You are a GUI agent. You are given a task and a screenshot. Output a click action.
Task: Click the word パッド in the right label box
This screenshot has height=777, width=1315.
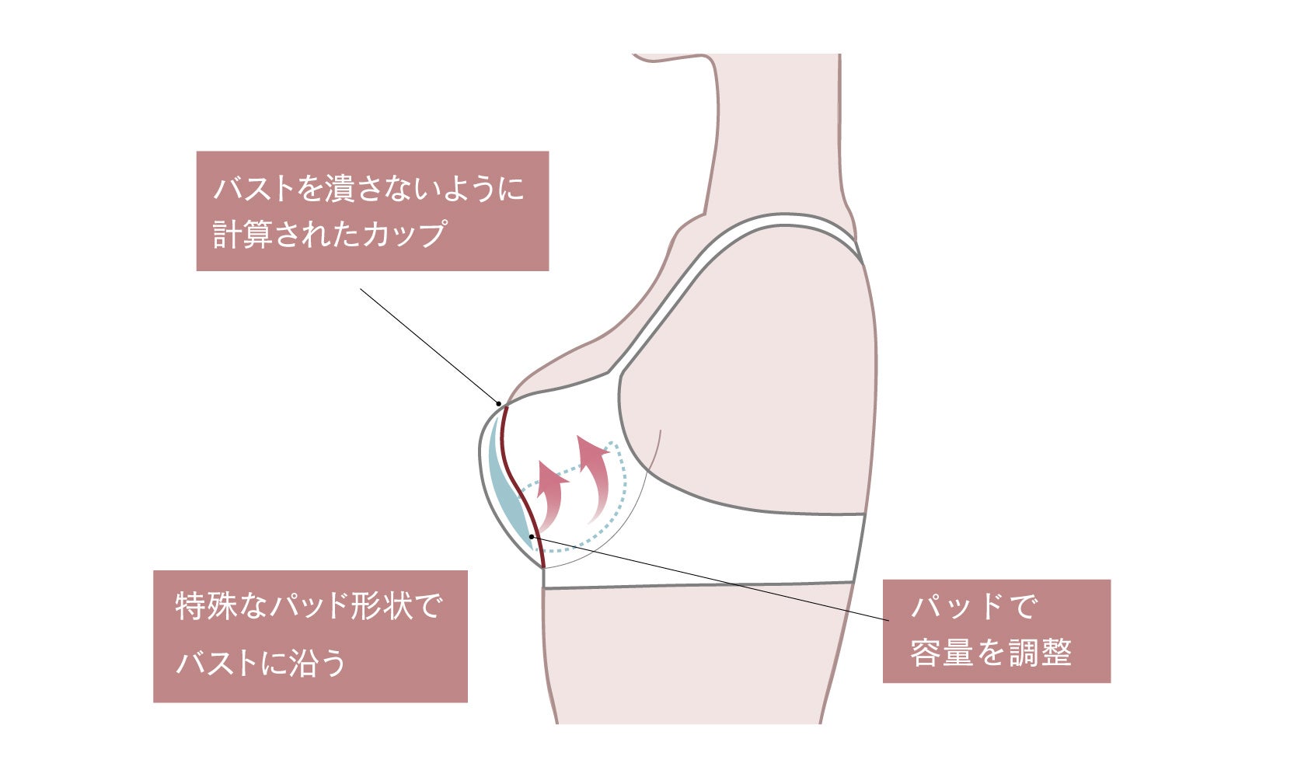point(959,606)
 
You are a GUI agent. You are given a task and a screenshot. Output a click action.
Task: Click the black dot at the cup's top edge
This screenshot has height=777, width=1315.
point(499,403)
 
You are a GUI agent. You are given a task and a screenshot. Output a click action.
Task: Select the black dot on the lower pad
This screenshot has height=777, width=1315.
point(532,536)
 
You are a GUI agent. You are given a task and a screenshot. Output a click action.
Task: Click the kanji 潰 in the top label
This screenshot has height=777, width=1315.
point(341,189)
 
